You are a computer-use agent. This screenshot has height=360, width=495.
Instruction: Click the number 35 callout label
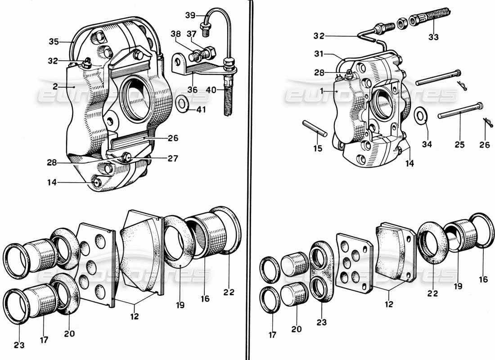click(54, 42)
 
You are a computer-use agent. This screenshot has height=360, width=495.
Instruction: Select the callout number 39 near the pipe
click(190, 15)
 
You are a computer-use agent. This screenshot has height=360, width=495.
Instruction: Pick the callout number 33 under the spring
click(433, 37)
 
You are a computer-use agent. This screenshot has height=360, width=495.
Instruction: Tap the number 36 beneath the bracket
click(192, 90)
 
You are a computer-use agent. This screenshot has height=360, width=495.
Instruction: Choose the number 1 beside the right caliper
click(322, 90)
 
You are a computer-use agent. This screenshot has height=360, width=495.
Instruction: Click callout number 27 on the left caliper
click(173, 158)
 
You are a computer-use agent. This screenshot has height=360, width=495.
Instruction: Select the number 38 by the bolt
click(176, 33)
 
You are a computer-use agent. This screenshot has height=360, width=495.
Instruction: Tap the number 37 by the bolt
click(192, 33)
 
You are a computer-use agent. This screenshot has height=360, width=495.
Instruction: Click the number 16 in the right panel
click(483, 279)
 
